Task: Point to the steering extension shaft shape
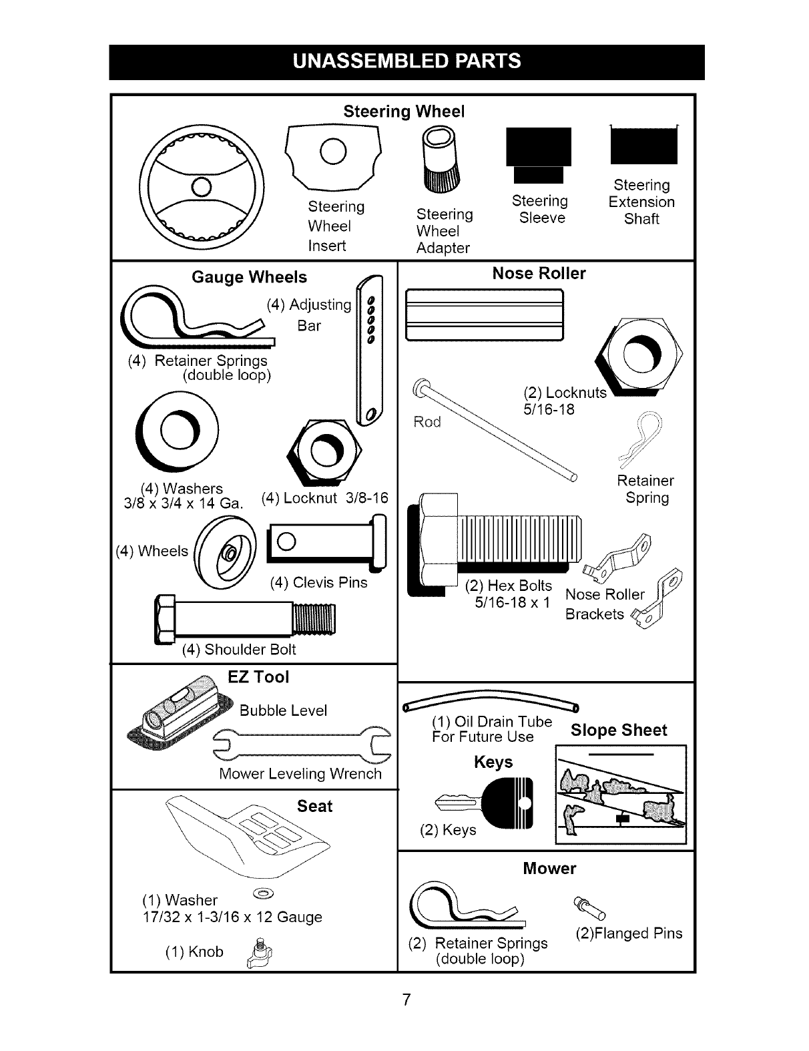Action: (643, 145)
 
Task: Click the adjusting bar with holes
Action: (368, 351)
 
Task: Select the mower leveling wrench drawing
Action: (301, 746)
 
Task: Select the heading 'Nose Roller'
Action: (539, 274)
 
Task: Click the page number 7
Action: (405, 1000)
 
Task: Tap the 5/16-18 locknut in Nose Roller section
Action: (642, 354)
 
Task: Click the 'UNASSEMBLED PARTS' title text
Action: (407, 61)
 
